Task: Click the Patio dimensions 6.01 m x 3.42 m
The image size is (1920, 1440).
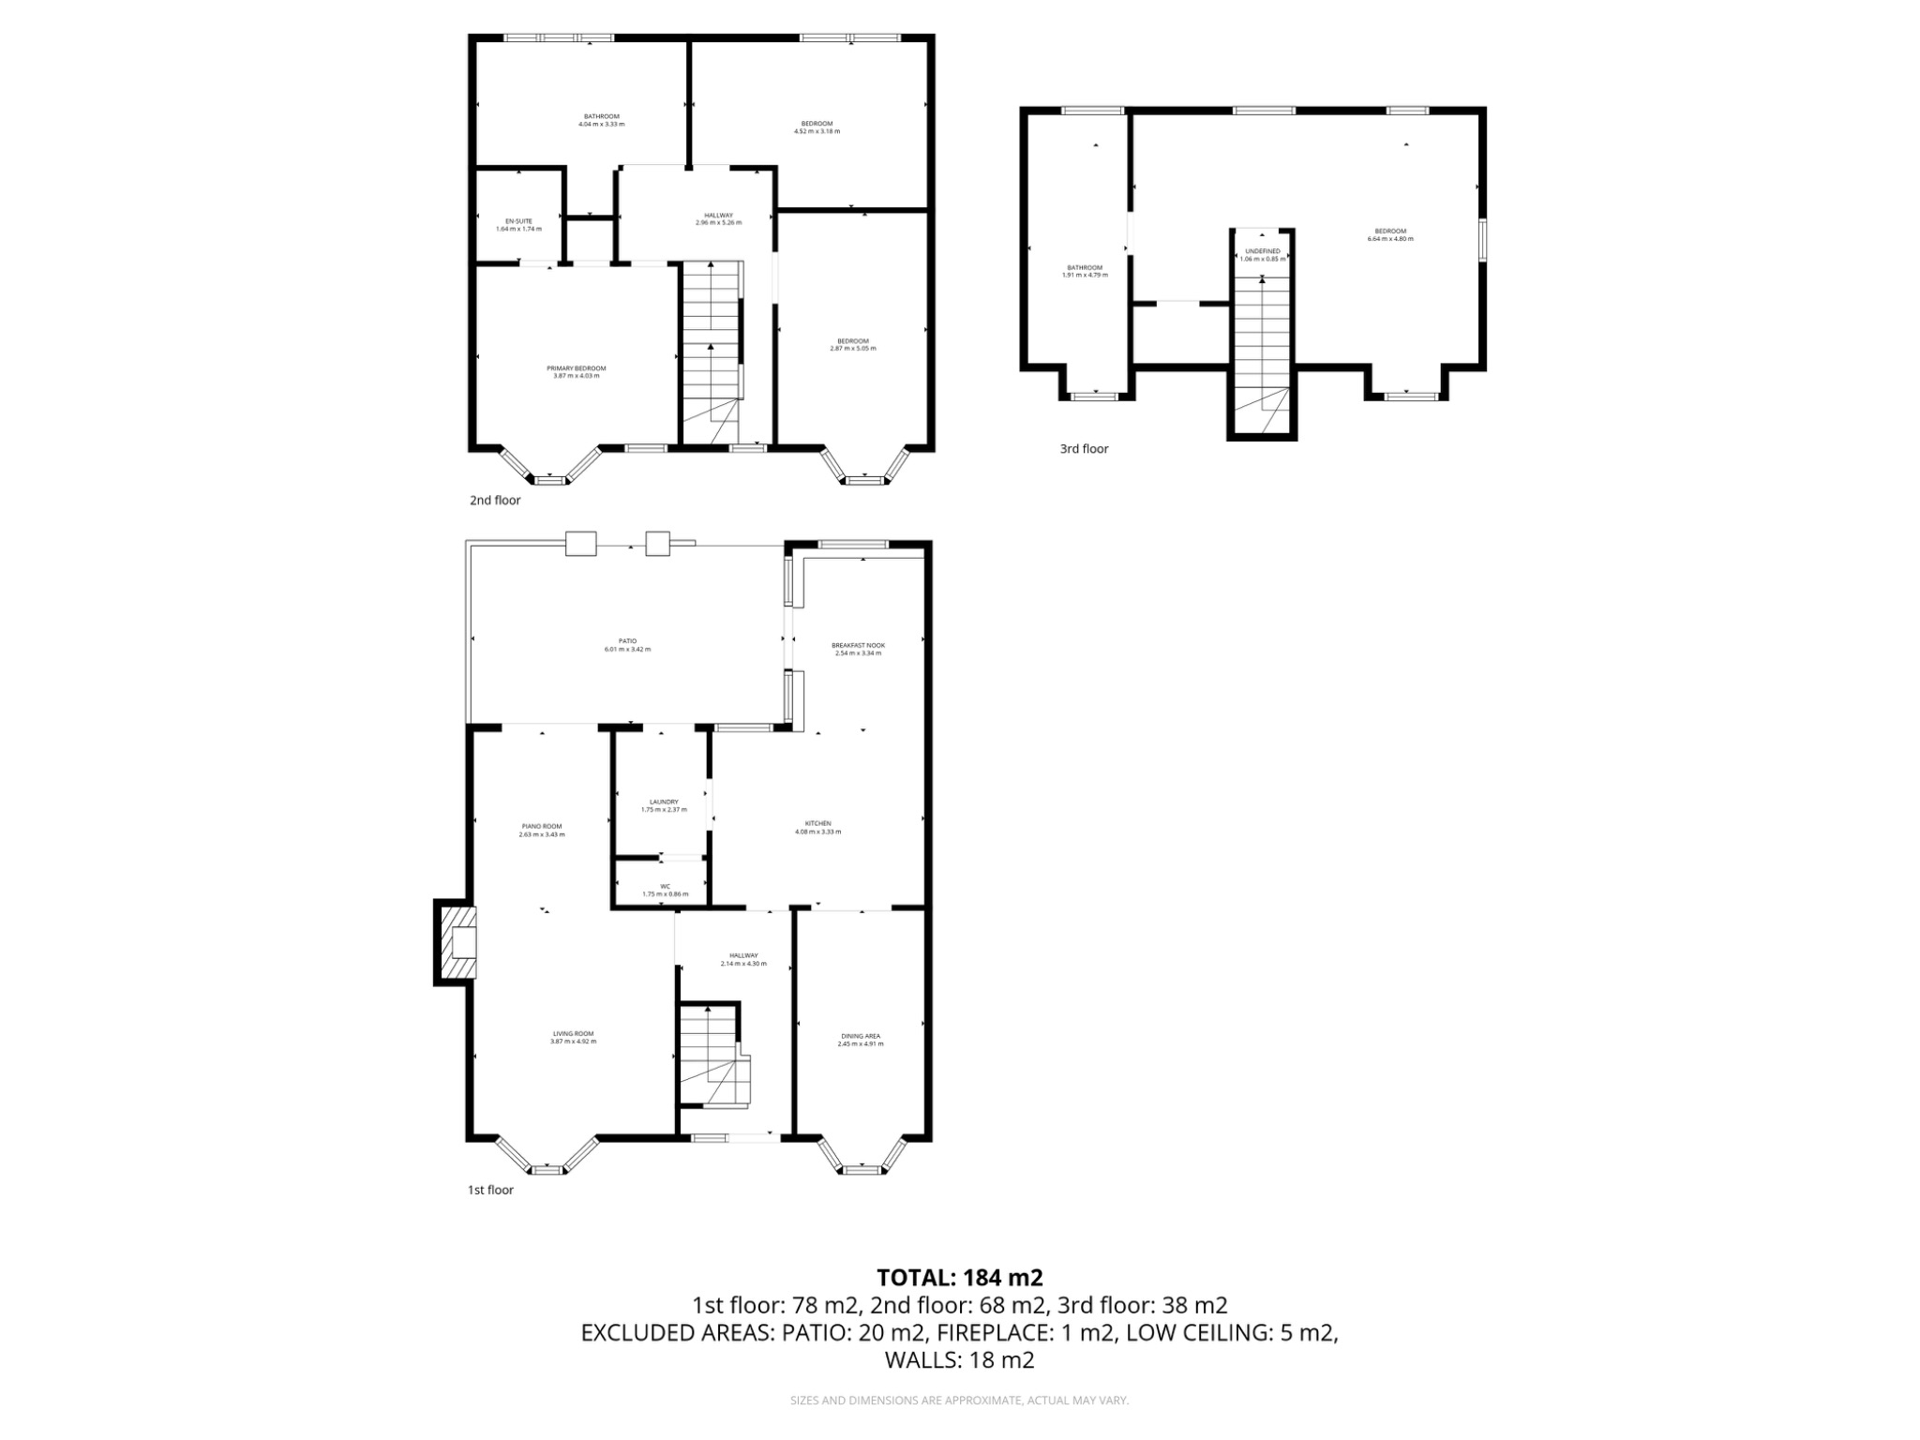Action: [x=627, y=649]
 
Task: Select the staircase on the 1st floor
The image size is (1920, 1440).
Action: [x=712, y=1055]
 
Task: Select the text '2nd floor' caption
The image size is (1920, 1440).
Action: [x=495, y=501]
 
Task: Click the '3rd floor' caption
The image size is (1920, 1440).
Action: [x=1084, y=449]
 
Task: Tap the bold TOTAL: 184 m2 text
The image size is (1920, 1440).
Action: [x=959, y=1278]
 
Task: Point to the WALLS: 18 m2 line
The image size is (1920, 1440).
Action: [x=959, y=1360]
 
